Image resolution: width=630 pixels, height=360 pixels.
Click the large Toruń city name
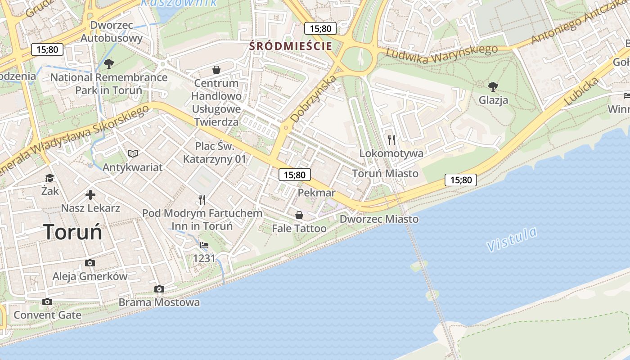click(x=73, y=232)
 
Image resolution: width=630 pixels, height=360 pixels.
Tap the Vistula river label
click(x=512, y=240)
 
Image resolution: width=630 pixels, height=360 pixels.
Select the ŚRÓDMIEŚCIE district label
click(x=291, y=46)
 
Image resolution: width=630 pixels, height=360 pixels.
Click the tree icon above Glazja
click(x=493, y=86)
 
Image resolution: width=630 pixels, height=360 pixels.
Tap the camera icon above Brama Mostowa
click(x=159, y=289)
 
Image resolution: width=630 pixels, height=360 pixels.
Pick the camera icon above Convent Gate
click(x=47, y=301)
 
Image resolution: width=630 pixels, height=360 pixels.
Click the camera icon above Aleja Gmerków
click(x=90, y=263)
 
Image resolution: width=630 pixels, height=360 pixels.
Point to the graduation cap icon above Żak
click(x=49, y=178)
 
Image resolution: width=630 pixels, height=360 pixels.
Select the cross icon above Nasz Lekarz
click(x=90, y=195)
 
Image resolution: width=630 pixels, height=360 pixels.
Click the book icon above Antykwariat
click(x=132, y=154)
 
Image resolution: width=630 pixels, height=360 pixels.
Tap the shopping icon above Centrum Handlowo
click(x=216, y=70)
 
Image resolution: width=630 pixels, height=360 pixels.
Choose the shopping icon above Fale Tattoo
click(x=299, y=215)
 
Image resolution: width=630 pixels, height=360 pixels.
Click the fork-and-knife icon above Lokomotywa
click(x=391, y=140)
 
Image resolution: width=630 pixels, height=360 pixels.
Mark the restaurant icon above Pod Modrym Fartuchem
click(x=202, y=199)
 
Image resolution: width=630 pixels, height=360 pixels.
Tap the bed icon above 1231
click(x=204, y=245)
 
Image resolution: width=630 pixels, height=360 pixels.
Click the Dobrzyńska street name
click(x=314, y=99)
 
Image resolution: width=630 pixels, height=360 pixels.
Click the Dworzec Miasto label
click(x=379, y=219)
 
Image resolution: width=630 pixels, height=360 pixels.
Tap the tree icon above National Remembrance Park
click(x=108, y=64)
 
